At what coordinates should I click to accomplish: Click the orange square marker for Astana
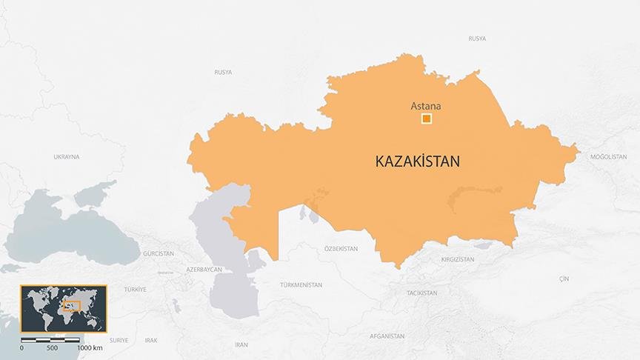pos(426,119)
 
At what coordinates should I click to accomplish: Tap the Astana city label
pos(425,106)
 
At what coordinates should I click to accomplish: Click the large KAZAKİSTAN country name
pos(418,161)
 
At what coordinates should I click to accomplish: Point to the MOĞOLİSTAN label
pos(608,157)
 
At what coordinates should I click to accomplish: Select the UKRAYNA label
pos(66,157)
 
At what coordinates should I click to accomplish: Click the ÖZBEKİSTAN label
pos(341,249)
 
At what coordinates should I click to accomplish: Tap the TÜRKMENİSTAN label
pos(301,285)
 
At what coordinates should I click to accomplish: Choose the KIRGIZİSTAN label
pos(458,260)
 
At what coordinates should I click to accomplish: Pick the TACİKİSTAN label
pos(422,293)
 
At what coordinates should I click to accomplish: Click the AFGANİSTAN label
pos(387,336)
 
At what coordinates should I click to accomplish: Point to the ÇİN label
pos(564,279)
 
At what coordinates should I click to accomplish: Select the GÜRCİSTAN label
pos(159,253)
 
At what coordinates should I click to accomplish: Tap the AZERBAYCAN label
pos(204,270)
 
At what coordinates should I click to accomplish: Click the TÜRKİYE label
pos(135,289)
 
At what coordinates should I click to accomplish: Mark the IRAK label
pos(151,340)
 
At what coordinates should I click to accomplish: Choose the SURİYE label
pos(119,340)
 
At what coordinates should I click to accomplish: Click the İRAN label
pos(241,344)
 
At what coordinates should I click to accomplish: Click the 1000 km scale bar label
pos(90,347)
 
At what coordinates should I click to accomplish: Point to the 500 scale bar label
pos(52,347)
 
